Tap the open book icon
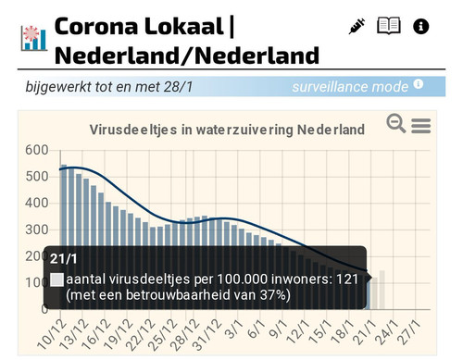pyautogui.click(x=389, y=26)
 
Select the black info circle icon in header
pyautogui.click(x=420, y=26)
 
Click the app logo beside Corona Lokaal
pyautogui.click(x=33, y=37)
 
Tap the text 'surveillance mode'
pyautogui.click(x=349, y=87)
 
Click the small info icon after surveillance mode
pyautogui.click(x=419, y=85)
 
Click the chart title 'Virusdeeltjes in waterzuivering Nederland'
pyautogui.click(x=226, y=129)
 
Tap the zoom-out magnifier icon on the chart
pyautogui.click(x=396, y=123)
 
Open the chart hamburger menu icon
pyautogui.click(x=420, y=125)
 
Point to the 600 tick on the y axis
pyautogui.click(x=37, y=150)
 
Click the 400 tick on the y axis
pyautogui.click(x=37, y=204)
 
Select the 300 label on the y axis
pyautogui.click(x=37, y=230)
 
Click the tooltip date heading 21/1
pyautogui.click(x=64, y=258)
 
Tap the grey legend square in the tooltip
pyautogui.click(x=57, y=279)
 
